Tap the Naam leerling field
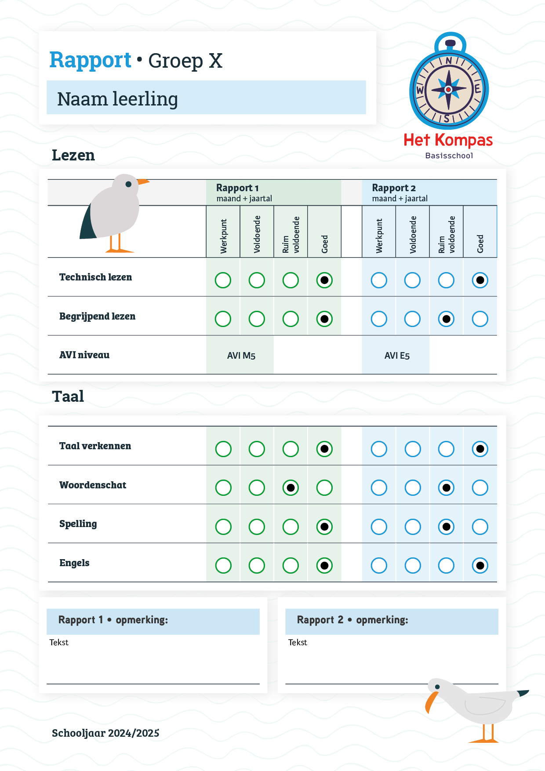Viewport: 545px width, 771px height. [x=206, y=98]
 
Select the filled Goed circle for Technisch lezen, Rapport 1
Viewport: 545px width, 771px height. [x=324, y=280]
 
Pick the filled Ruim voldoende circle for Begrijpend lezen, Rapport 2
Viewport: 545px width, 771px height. [x=446, y=319]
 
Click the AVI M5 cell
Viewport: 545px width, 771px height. [x=241, y=355]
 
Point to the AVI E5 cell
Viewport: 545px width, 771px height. [x=396, y=355]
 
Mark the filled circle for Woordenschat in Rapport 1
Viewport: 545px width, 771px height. [x=291, y=487]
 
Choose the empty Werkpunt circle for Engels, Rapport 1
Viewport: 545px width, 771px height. [x=223, y=565]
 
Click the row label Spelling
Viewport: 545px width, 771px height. [x=78, y=524]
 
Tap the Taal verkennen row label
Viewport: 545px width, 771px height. [x=95, y=446]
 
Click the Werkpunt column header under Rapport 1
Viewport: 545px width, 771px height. [x=224, y=236]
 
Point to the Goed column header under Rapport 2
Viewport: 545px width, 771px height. [x=480, y=244]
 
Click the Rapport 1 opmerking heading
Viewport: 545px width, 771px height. [x=113, y=620]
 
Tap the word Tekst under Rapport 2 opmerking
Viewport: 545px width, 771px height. [x=298, y=642]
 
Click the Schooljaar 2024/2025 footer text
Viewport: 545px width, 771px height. [x=105, y=733]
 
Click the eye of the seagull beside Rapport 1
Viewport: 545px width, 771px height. [x=128, y=184]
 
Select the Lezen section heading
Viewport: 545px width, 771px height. [x=73, y=155]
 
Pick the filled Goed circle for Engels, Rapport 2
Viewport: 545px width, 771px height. [x=480, y=565]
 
